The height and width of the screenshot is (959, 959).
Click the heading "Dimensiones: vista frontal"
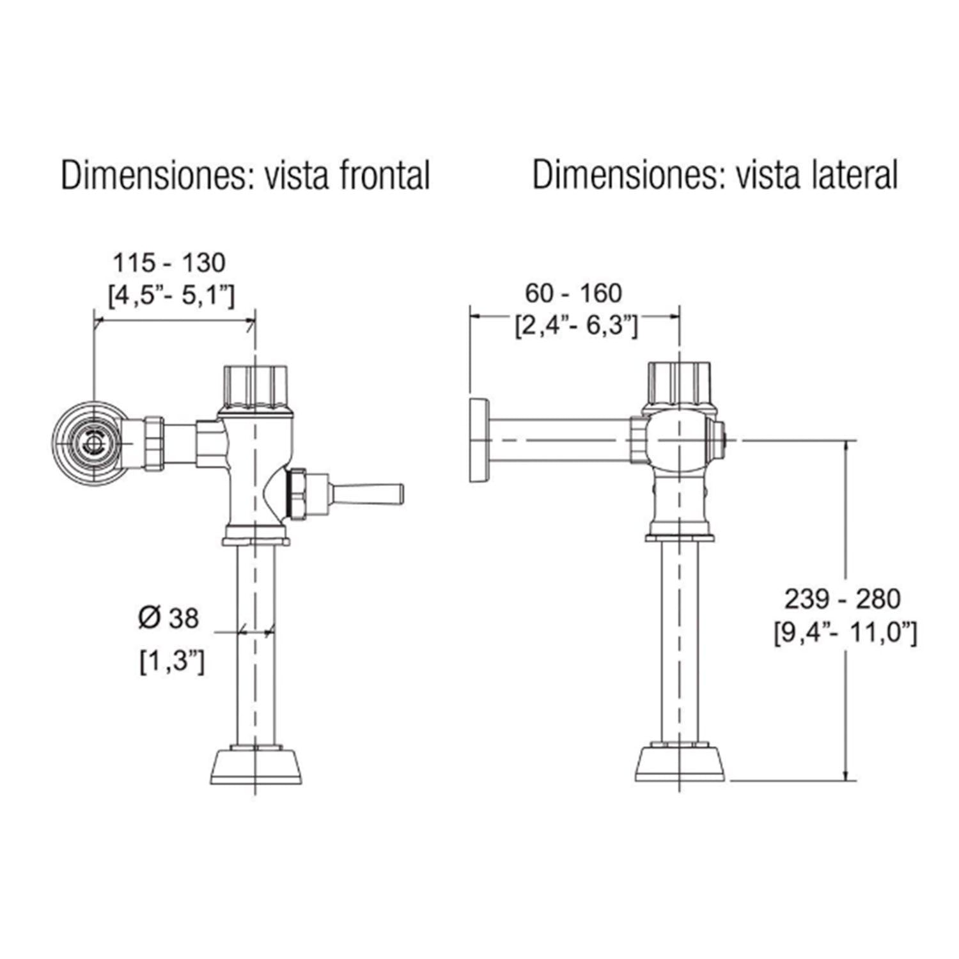245,175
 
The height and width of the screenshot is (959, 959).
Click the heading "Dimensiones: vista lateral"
715,175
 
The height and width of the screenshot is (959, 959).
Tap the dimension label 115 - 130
169,263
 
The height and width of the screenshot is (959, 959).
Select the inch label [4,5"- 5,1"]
171,295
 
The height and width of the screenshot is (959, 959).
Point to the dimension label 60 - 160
573,293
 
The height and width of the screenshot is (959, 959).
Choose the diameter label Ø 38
169,618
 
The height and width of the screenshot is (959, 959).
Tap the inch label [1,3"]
172,661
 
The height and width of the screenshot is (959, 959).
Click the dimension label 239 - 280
843,599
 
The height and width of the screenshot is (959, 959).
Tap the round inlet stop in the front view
94,442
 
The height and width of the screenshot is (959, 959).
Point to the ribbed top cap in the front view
254,387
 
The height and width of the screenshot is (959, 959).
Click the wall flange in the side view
479,441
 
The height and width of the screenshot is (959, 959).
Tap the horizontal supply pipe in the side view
560,441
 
